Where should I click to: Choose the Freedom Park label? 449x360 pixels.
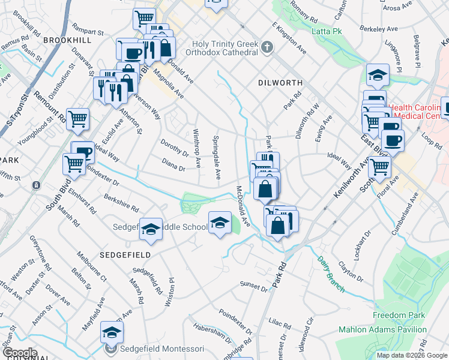(398, 315)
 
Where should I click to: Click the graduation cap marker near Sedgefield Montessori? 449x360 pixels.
(112, 332)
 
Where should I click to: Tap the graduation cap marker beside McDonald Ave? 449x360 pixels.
(220, 223)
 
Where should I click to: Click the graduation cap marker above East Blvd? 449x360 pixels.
(378, 75)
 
